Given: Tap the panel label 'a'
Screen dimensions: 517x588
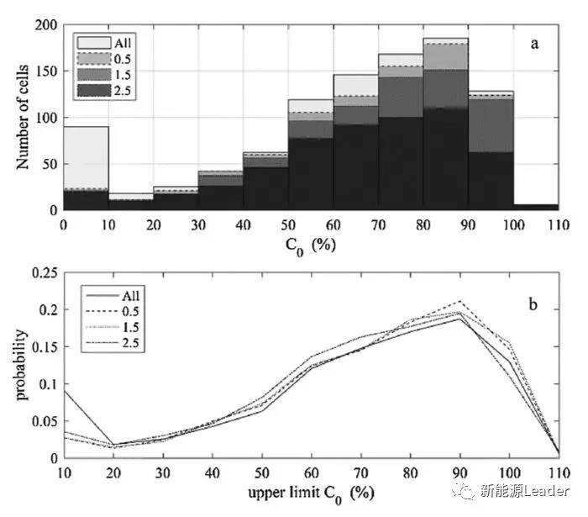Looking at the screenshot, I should pos(534,44).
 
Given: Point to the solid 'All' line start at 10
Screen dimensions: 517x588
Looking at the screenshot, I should pos(64,390).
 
